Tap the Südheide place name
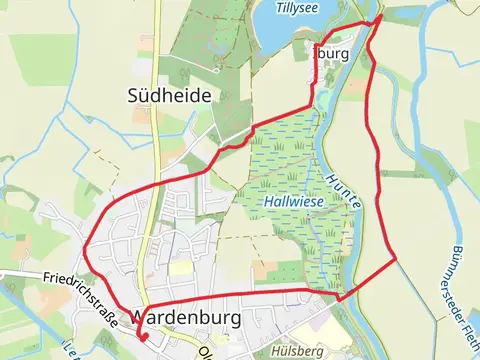[168, 95]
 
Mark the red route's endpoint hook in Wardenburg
[142, 338]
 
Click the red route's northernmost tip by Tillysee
[380, 17]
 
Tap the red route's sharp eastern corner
[397, 258]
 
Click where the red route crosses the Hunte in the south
[340, 298]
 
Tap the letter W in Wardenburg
[141, 316]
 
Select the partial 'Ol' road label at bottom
[206, 352]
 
